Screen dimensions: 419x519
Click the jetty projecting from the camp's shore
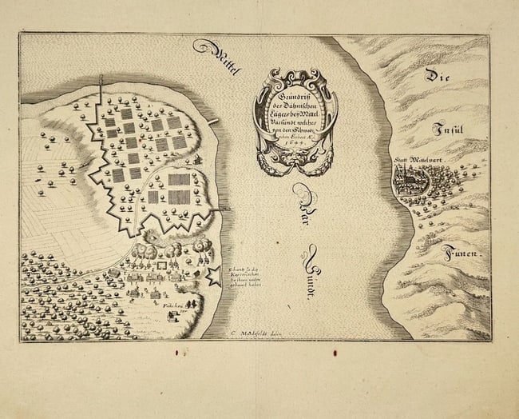point(213,122)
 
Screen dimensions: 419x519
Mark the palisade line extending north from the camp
point(101,92)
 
